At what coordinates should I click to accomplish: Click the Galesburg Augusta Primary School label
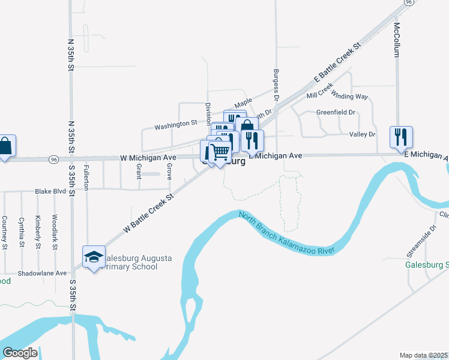[x=137, y=263]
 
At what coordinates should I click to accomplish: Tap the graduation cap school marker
[x=94, y=258]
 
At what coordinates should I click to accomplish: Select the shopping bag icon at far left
[x=5, y=146]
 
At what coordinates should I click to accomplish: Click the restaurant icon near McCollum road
[x=400, y=137]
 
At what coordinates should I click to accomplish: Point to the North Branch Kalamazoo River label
[x=286, y=232]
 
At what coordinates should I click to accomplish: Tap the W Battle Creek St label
[x=148, y=212]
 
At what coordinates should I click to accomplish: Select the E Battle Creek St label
[x=338, y=63]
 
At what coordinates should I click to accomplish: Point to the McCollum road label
[x=396, y=40]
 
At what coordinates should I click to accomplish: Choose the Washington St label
[x=175, y=125]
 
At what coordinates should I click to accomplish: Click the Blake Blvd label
[x=50, y=191]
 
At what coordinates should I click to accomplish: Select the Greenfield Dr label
[x=336, y=112]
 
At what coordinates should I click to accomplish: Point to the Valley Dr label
[x=363, y=134]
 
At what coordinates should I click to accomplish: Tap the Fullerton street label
[x=86, y=177]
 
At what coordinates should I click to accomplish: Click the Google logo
[x=19, y=353]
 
